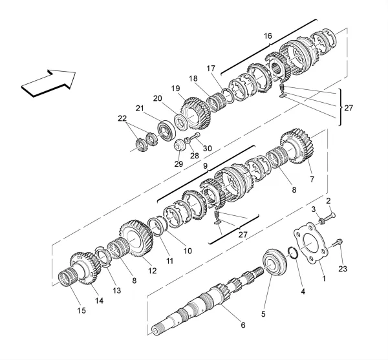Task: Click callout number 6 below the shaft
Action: point(243,325)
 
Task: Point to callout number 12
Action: point(153,270)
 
